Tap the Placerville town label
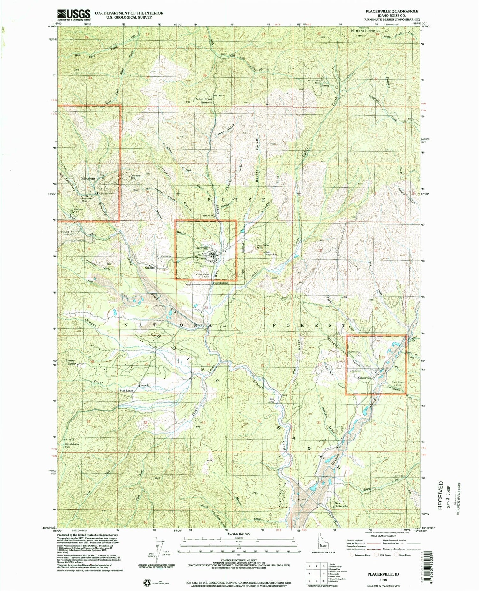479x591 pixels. click(200, 248)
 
